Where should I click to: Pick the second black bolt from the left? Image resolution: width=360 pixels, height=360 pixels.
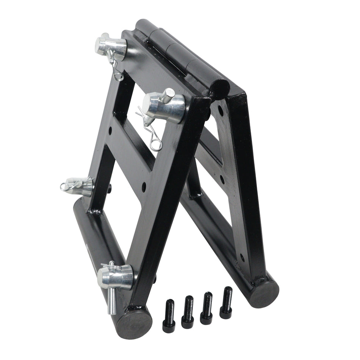pyautogui.click(x=188, y=311)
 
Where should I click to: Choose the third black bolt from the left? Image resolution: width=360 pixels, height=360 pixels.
pyautogui.click(x=207, y=308)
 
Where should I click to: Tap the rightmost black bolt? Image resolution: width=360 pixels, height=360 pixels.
pyautogui.click(x=226, y=302)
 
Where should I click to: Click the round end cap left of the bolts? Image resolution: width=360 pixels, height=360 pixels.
pyautogui.click(x=135, y=325)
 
